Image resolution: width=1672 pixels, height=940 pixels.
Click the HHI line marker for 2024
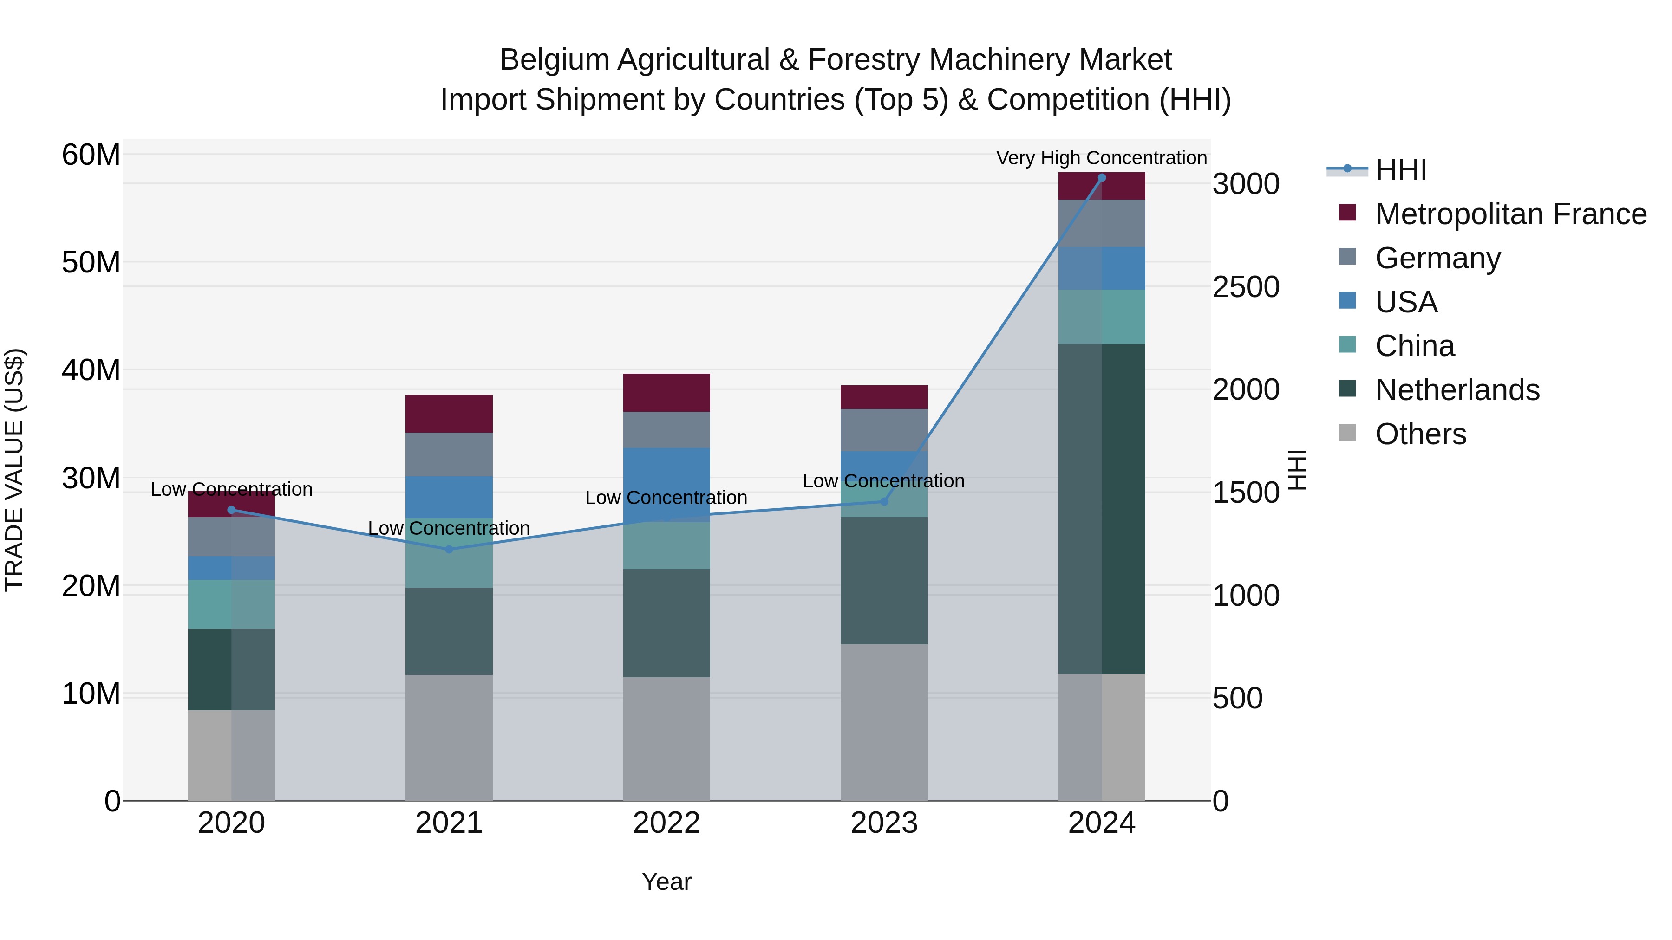pyautogui.click(x=1102, y=178)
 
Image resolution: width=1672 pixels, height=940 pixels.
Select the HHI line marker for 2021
pyautogui.click(x=449, y=550)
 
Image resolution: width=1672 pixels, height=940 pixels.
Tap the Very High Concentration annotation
pyautogui.click(x=1102, y=158)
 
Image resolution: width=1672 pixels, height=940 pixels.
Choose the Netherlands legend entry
pyautogui.click(x=1457, y=390)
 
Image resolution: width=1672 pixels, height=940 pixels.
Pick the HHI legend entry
pyautogui.click(x=1401, y=170)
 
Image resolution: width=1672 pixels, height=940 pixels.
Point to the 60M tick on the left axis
pyautogui.click(x=91, y=155)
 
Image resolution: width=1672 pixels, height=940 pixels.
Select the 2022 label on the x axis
pyautogui.click(x=666, y=823)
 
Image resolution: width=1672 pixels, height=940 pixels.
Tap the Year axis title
pyautogui.click(x=666, y=882)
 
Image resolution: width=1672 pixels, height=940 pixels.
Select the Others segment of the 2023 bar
pyautogui.click(x=883, y=721)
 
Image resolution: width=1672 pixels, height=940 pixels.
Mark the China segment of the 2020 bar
pyautogui.click(x=231, y=604)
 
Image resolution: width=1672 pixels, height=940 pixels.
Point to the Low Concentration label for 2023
pyautogui.click(x=883, y=481)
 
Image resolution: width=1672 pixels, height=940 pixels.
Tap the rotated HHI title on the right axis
pyautogui.click(x=1296, y=470)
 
